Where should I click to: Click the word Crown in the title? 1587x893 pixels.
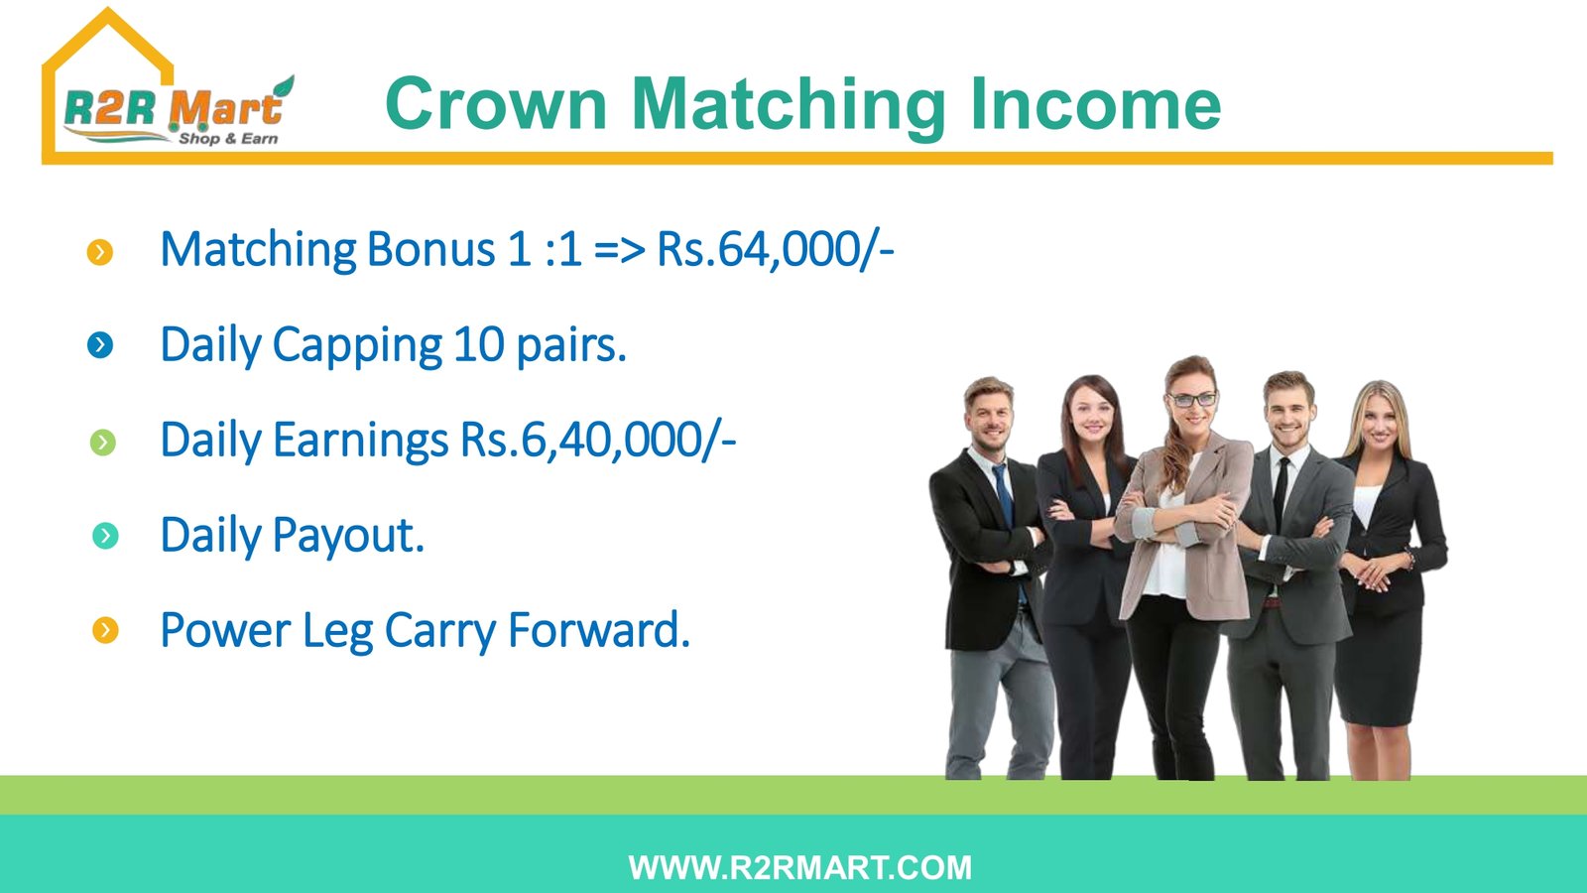pos(497,104)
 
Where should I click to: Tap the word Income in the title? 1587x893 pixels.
pos(1095,104)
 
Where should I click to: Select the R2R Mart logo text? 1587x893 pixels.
pos(174,109)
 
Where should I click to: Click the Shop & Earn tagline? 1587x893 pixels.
pos(228,138)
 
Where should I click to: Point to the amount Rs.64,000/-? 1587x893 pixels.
pos(776,249)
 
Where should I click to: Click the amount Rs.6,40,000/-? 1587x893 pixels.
pos(599,441)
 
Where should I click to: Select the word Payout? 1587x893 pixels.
pos(348,535)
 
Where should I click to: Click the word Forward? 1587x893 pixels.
pos(599,629)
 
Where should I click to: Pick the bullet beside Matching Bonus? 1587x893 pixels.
pos(100,252)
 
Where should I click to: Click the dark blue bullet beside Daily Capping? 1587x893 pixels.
pos(100,346)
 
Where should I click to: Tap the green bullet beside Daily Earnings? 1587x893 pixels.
pos(103,443)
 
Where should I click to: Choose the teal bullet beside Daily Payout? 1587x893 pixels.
pos(105,537)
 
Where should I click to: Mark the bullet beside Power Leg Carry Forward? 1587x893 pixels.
pos(105,630)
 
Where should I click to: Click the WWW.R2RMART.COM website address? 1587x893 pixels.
pos(799,868)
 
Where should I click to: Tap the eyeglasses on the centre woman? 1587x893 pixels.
pos(1192,401)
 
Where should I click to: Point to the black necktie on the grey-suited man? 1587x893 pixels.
pos(1281,492)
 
